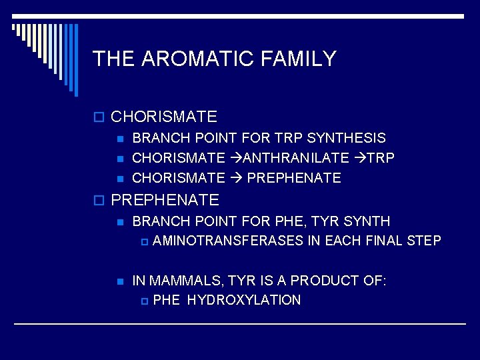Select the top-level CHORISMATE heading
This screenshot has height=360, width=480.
tap(164, 117)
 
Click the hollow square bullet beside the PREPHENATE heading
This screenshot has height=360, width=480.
tap(100, 200)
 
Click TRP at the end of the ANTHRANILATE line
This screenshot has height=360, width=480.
tap(381, 158)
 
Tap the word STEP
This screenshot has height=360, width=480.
tap(424, 241)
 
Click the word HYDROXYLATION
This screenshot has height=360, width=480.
tap(244, 300)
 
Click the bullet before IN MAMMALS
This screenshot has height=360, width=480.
tap(120, 281)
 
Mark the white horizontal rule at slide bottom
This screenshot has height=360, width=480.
tap(240, 324)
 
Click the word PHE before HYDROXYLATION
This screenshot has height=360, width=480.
tap(167, 300)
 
